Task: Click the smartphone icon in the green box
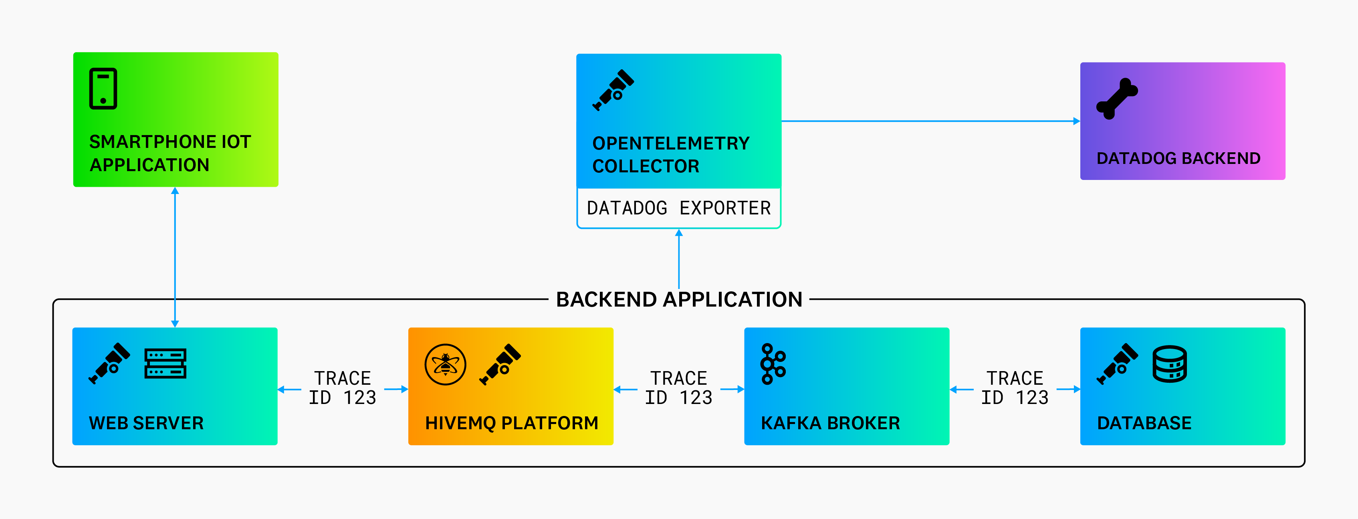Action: (x=103, y=89)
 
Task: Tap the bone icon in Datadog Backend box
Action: (x=1117, y=99)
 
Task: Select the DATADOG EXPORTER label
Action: (x=678, y=208)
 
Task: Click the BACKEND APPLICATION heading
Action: (x=679, y=300)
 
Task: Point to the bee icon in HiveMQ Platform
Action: (x=446, y=364)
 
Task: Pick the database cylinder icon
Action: (x=1169, y=364)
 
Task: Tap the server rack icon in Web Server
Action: (x=165, y=364)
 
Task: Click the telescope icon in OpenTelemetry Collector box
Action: (x=613, y=90)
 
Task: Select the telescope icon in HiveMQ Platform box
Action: (x=500, y=364)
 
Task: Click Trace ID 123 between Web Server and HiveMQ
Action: (x=343, y=388)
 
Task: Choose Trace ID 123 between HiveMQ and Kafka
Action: (x=678, y=388)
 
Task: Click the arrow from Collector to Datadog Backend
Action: (x=930, y=121)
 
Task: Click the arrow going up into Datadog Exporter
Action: (x=679, y=258)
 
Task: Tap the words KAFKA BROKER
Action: (x=830, y=423)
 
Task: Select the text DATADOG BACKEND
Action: (x=1178, y=158)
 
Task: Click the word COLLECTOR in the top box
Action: (x=646, y=166)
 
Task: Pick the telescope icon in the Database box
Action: (x=1117, y=364)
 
